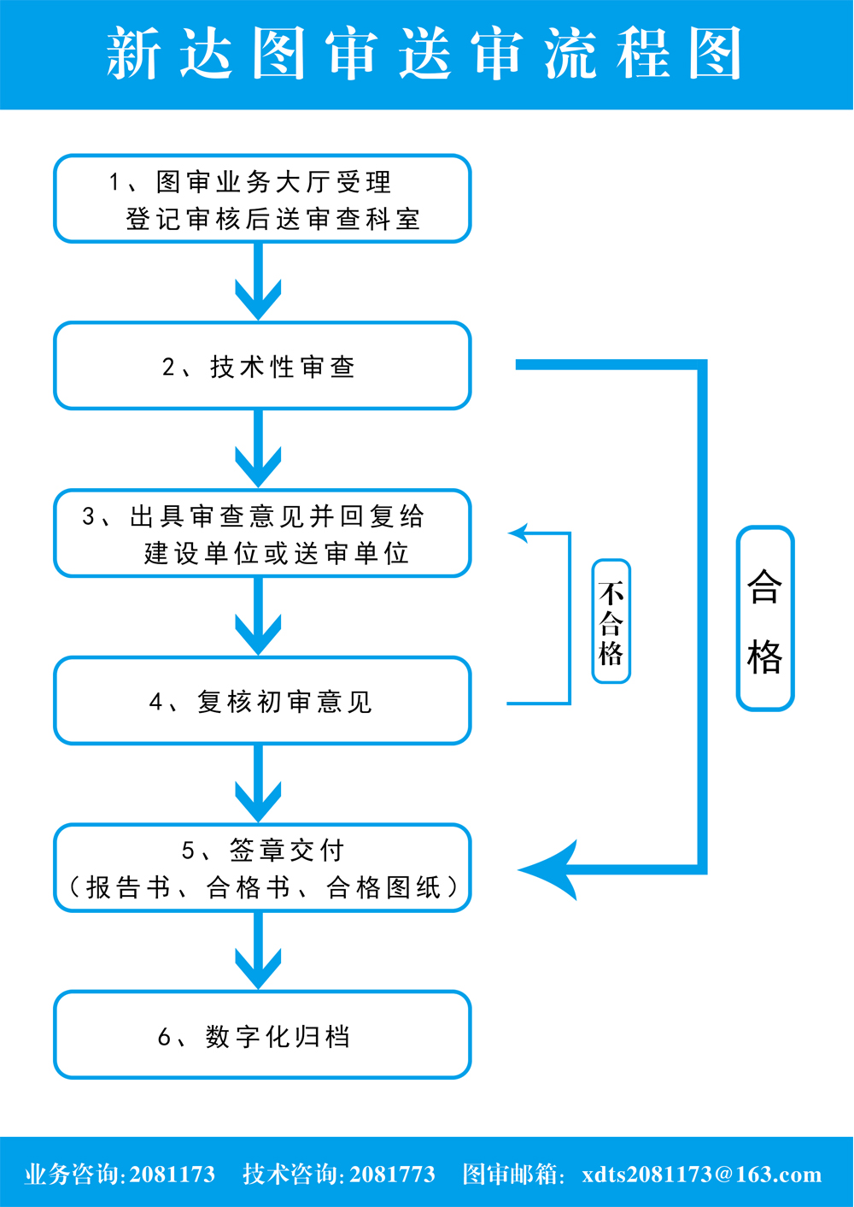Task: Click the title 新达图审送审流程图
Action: tap(424, 54)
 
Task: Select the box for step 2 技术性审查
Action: tap(262, 366)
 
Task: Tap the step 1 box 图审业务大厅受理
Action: tap(262, 199)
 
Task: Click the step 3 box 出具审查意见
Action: tap(262, 533)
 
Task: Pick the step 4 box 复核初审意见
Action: tap(262, 701)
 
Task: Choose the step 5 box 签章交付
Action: tap(262, 868)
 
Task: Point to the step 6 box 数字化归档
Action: tap(262, 1035)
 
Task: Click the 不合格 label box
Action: tap(611, 621)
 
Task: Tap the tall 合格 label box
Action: tap(765, 618)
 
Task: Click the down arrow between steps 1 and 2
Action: tap(258, 286)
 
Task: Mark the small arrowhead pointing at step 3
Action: tap(518, 533)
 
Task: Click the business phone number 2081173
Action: tap(173, 1174)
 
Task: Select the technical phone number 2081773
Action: tap(392, 1174)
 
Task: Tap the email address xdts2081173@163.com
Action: tap(701, 1174)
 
